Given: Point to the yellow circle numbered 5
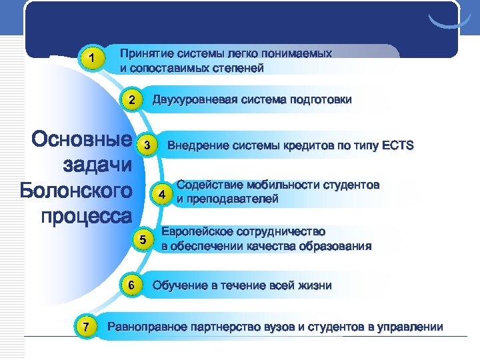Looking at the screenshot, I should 142,240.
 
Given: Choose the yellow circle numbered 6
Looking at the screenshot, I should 132,286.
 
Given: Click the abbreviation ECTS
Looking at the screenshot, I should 398,145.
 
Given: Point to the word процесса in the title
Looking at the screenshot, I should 86,216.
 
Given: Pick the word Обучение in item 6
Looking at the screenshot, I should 177,286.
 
